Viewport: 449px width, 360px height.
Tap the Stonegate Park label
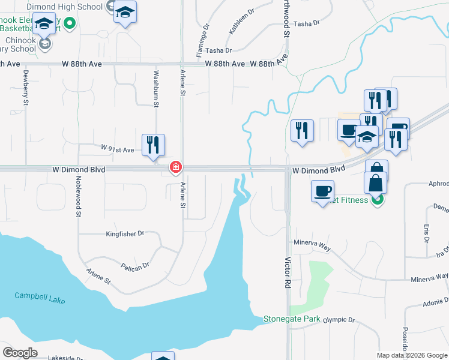point(292,319)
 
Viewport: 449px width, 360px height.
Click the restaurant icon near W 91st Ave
point(153,145)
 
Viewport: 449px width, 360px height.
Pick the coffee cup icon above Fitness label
point(322,191)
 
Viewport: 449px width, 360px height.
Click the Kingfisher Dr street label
point(125,233)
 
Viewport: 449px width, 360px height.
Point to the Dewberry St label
point(26,89)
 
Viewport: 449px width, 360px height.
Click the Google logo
point(20,353)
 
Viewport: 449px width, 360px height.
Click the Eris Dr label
point(426,233)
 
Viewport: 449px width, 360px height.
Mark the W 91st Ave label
point(118,148)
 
